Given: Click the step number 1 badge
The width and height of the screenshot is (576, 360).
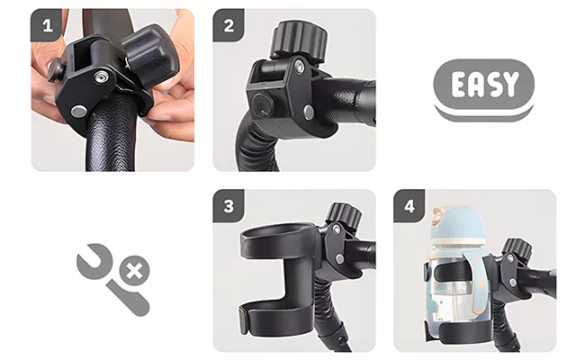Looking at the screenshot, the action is (47, 25).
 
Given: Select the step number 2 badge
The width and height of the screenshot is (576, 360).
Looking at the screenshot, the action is (229, 25).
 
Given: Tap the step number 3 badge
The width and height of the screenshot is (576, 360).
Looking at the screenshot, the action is (229, 206).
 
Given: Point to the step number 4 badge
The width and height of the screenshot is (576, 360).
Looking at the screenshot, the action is (409, 206).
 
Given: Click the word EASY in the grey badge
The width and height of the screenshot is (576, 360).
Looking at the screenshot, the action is (484, 84).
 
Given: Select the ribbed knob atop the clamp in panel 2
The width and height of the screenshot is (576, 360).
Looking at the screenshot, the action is (299, 40).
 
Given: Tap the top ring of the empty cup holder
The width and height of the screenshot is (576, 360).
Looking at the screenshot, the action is (278, 238).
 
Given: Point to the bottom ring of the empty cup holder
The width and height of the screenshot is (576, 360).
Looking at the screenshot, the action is (275, 316).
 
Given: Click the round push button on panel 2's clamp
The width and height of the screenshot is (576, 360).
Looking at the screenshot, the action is (262, 104).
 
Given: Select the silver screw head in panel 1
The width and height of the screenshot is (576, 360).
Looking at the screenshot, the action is (101, 77).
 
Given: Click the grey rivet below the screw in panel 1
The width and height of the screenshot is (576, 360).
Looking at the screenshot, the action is (78, 111).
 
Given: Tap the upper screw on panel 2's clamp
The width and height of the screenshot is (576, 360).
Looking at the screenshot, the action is (300, 66).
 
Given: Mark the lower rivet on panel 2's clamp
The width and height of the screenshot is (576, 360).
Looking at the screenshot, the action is (309, 112).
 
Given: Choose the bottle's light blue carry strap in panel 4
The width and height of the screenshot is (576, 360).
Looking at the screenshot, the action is (474, 279).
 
